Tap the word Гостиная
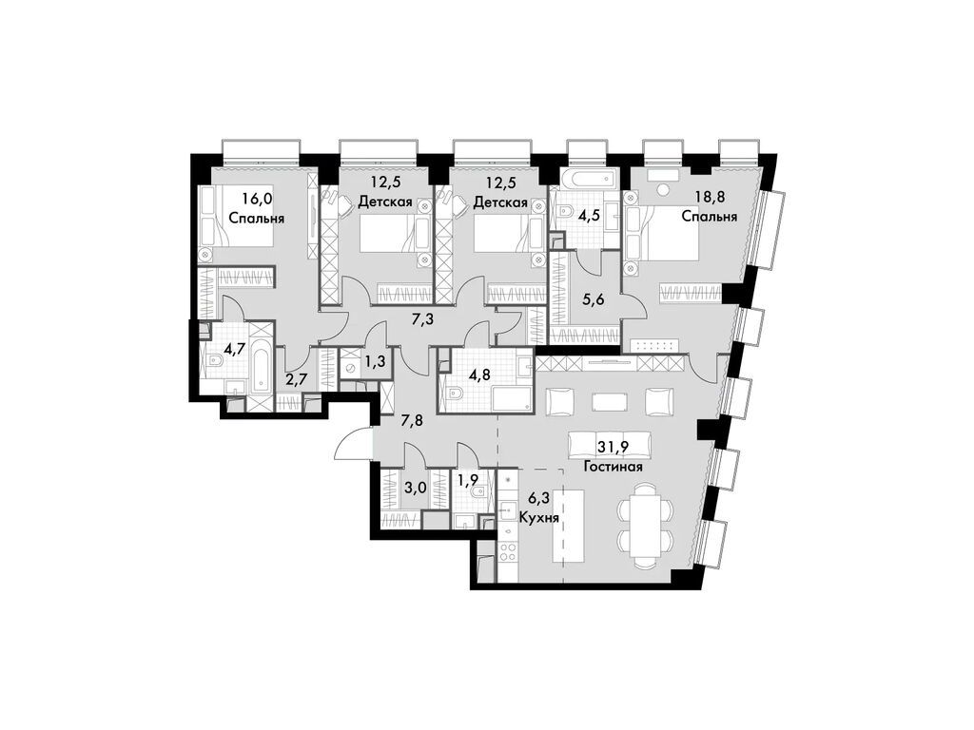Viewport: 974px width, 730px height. tap(614, 467)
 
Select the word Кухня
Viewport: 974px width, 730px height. tap(538, 520)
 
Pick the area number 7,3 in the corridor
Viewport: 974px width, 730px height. tap(421, 319)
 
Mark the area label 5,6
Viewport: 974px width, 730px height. tap(594, 296)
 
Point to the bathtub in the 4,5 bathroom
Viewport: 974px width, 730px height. tap(586, 181)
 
